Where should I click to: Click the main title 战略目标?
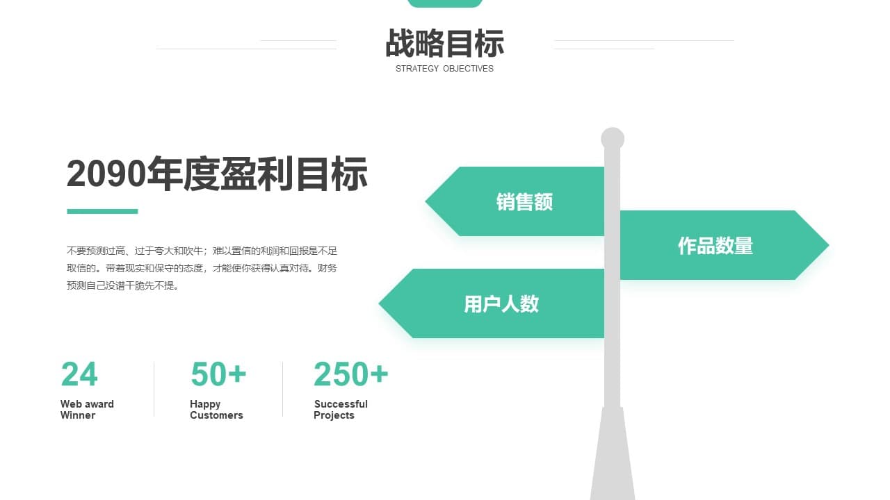[444, 43]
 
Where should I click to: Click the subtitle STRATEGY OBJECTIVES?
[444, 69]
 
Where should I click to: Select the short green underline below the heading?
[102, 212]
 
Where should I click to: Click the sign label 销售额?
[524, 201]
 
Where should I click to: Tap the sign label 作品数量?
[715, 246]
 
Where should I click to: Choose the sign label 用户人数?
[501, 304]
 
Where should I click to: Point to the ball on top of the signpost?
[613, 138]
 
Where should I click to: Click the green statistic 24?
[79, 374]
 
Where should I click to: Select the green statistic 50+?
[218, 374]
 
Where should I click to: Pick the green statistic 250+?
[350, 374]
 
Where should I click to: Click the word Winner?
[78, 415]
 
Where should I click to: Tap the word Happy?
[205, 404]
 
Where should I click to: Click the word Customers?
[216, 415]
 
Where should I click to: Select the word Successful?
[341, 404]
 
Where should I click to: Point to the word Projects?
[334, 415]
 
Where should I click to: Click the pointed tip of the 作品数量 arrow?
[828, 245]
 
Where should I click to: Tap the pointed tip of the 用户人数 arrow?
[380, 303]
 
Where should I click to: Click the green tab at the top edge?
[445, 3]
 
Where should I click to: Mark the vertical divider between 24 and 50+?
[154, 389]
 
